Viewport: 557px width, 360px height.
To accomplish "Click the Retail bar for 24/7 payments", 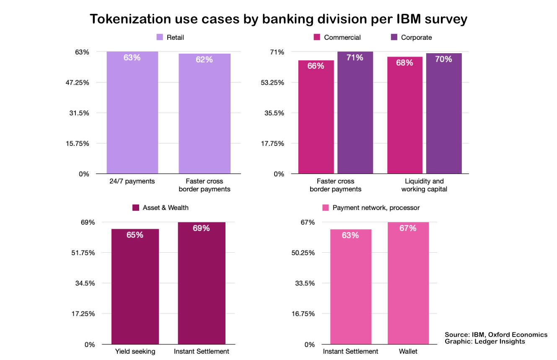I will pyautogui.click(x=132, y=113).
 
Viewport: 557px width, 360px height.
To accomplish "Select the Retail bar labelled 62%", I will pyautogui.click(x=205, y=114).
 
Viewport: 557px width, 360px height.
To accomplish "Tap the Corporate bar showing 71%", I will pyautogui.click(x=355, y=113).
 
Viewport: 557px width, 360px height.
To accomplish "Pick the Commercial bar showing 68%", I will pyautogui.click(x=405, y=115).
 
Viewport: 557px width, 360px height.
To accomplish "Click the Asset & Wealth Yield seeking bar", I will pyautogui.click(x=135, y=287).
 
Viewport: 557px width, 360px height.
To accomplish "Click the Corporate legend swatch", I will pyautogui.click(x=394, y=37).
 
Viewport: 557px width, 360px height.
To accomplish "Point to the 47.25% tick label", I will pyautogui.click(x=77, y=83).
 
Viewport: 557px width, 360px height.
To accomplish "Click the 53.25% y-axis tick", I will pyautogui.click(x=272, y=83).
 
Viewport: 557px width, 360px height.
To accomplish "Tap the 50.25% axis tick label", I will pyautogui.click(x=303, y=253).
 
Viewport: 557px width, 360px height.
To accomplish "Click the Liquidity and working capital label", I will pyautogui.click(x=424, y=185).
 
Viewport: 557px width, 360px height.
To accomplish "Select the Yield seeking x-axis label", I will pyautogui.click(x=135, y=351).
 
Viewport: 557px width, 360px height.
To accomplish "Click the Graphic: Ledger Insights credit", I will pyautogui.click(x=484, y=342).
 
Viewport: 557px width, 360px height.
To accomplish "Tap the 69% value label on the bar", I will pyautogui.click(x=201, y=228).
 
